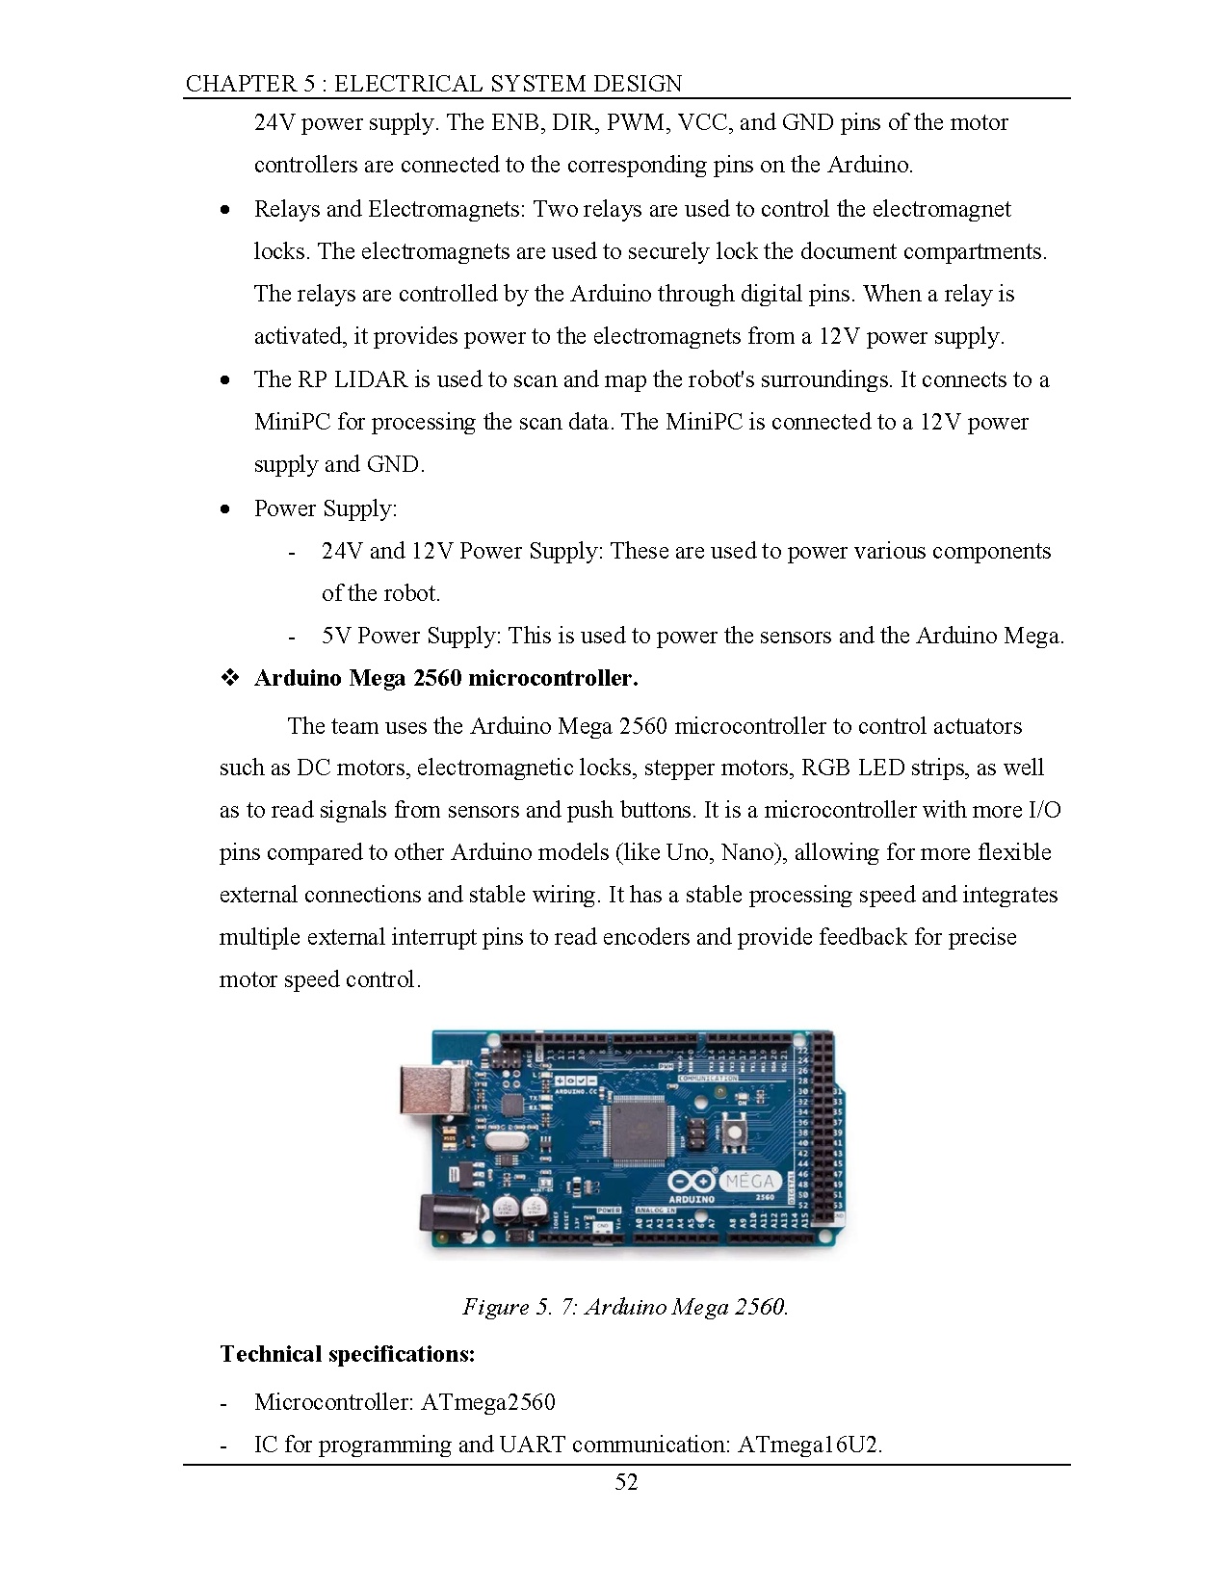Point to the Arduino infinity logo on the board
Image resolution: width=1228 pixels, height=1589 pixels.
[692, 1182]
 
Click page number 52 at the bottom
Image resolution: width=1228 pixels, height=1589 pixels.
[626, 1482]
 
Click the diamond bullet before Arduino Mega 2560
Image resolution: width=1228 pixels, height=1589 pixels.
[230, 678]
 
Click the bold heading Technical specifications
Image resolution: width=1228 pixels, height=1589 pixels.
[347, 1354]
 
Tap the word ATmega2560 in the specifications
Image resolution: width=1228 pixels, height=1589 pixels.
[488, 1401]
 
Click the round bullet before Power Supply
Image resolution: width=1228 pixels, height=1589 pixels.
[225, 508]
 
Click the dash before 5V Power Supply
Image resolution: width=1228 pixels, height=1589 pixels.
[292, 637]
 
